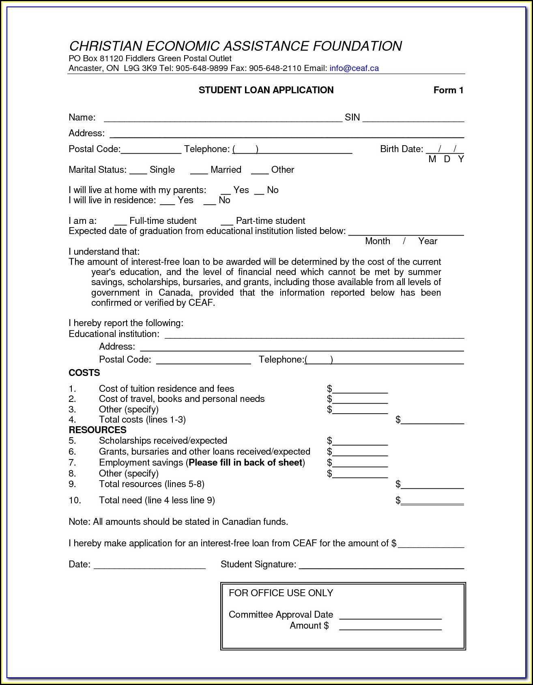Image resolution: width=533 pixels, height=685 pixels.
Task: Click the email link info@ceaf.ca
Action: coord(354,68)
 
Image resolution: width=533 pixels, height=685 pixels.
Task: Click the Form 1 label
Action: coord(448,90)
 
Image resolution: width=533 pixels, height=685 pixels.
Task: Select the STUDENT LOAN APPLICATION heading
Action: coord(266,90)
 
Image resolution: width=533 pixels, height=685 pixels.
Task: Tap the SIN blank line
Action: coord(413,118)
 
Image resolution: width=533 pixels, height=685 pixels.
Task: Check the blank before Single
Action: coord(138,171)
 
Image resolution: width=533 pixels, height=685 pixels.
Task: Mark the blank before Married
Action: coord(199,171)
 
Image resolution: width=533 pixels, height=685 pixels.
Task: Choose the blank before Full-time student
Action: coord(120,222)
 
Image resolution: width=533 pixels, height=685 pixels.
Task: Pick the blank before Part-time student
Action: coord(227,222)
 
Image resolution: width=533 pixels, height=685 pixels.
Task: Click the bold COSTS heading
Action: coord(84,373)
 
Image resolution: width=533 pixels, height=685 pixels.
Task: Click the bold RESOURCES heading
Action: coord(98,430)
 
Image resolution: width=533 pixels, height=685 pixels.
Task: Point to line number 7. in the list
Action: coord(72,463)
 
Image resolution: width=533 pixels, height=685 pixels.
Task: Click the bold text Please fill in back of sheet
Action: coord(245,463)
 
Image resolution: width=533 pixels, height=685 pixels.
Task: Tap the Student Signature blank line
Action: coord(381,566)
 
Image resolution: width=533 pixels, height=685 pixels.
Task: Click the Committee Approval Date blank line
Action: coord(390,616)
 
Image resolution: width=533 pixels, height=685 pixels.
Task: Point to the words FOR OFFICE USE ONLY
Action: coord(281,593)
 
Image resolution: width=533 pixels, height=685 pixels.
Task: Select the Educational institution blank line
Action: coord(314,335)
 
